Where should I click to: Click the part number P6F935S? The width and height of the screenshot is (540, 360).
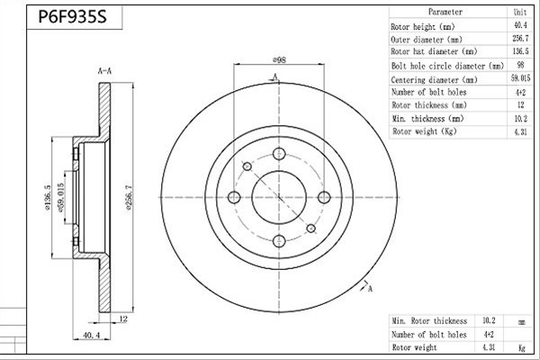(x=72, y=16)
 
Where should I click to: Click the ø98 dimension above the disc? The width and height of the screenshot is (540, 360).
(x=279, y=60)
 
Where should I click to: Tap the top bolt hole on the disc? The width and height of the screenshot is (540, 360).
(x=279, y=154)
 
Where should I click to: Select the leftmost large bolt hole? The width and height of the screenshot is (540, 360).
(x=234, y=197)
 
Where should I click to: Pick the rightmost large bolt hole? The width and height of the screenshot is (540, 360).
(x=324, y=197)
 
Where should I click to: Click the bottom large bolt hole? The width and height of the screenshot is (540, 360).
(x=279, y=241)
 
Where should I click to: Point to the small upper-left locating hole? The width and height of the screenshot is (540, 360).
(x=247, y=166)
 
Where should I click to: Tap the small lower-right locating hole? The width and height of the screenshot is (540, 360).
(x=311, y=228)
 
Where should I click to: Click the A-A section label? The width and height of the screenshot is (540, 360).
(x=104, y=71)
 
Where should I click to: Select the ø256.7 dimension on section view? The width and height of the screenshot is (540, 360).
(x=129, y=198)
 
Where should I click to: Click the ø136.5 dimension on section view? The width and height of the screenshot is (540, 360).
(x=48, y=198)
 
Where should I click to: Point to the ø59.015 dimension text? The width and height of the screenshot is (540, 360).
(x=61, y=198)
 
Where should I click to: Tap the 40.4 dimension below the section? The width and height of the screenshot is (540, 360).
(x=92, y=335)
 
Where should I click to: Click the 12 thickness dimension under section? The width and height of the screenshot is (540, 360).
(x=123, y=319)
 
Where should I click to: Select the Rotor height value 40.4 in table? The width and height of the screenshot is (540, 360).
(x=520, y=25)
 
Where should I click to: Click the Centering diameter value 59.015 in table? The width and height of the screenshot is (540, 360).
(x=520, y=78)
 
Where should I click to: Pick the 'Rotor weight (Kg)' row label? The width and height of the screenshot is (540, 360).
(x=424, y=131)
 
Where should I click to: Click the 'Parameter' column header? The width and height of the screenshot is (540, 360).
(x=445, y=12)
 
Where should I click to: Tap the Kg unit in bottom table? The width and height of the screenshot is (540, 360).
(x=522, y=347)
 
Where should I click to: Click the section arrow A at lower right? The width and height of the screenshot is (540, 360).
(x=366, y=286)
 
